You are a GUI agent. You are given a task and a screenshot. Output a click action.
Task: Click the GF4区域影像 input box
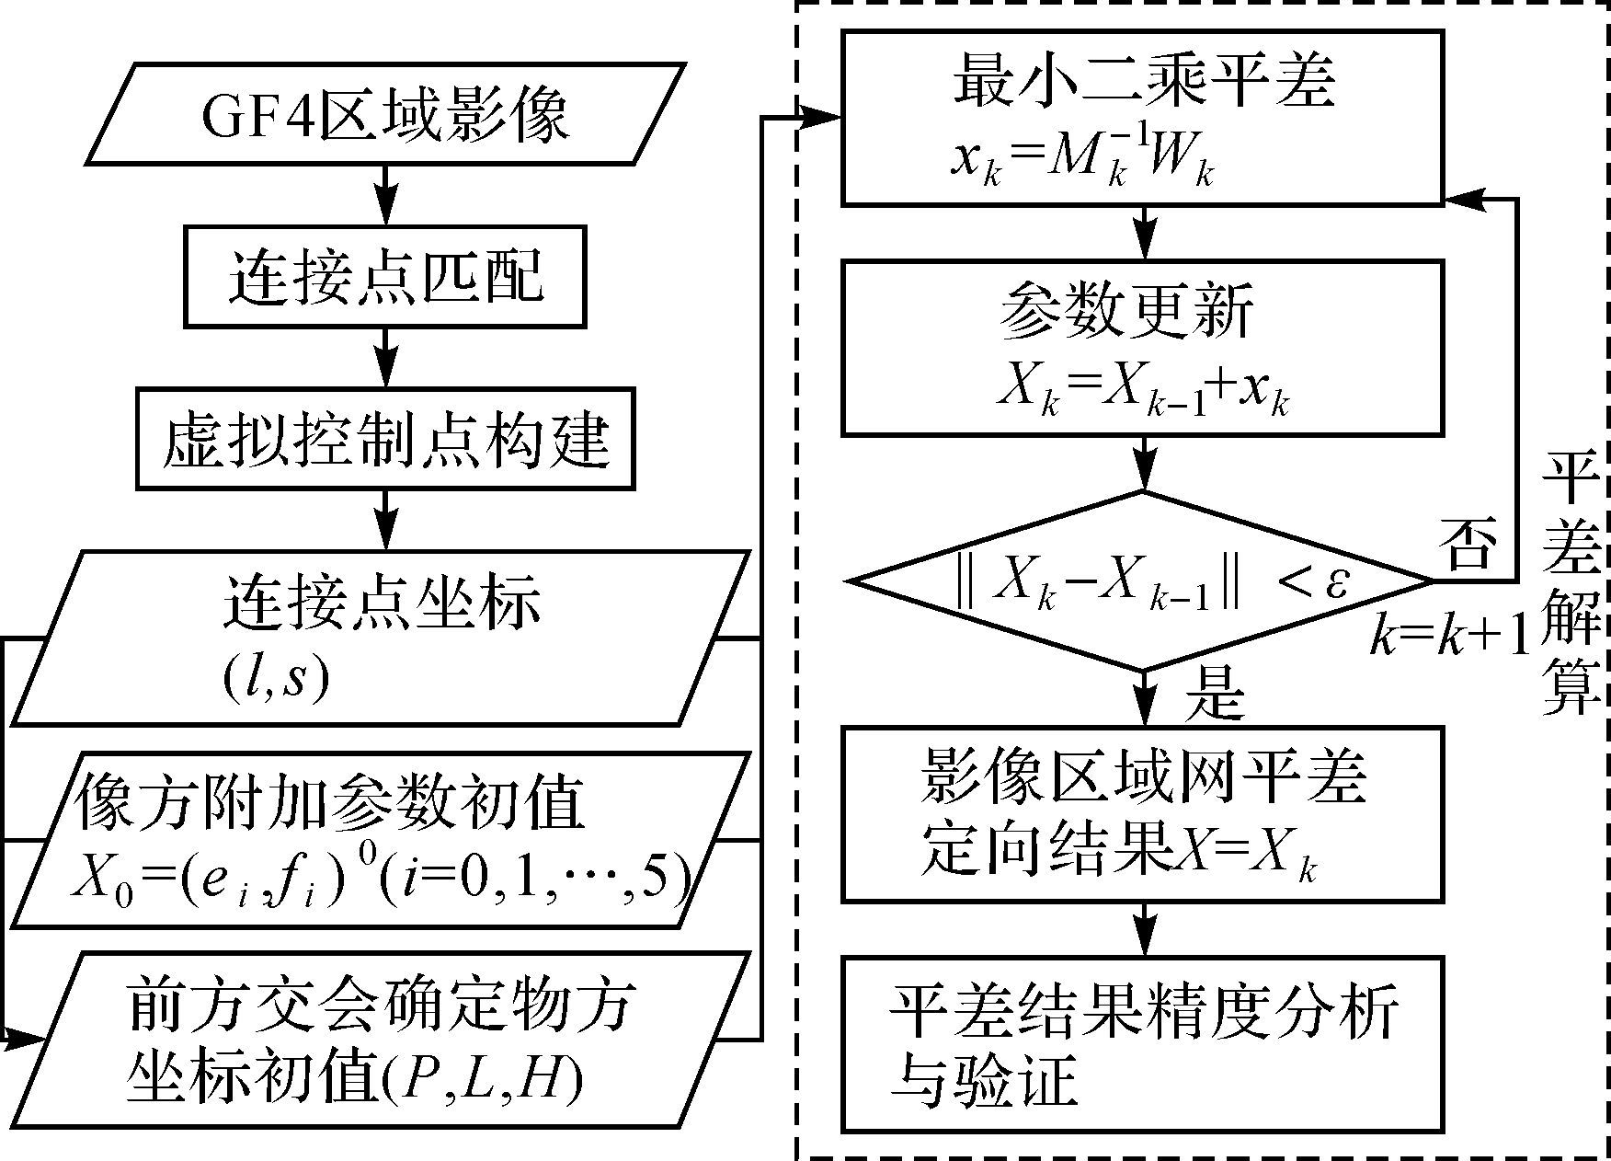pos(385,114)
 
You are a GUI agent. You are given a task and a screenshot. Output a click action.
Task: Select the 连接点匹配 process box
pos(385,277)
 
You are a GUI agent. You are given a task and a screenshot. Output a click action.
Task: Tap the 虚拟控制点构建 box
pos(385,438)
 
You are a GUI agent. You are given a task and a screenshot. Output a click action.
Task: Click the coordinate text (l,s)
pos(275,682)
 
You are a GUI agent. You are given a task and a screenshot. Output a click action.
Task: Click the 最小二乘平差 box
pos(1142,117)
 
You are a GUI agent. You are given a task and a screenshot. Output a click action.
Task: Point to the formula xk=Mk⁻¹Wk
pos(1081,167)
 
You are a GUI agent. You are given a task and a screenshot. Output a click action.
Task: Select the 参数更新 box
pos(1142,348)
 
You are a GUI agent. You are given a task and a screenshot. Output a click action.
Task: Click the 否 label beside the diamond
pos(1469,543)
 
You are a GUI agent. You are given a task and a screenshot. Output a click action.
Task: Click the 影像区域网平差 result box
pos(1142,814)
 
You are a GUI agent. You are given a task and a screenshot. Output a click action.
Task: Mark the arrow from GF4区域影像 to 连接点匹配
pos(385,195)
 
